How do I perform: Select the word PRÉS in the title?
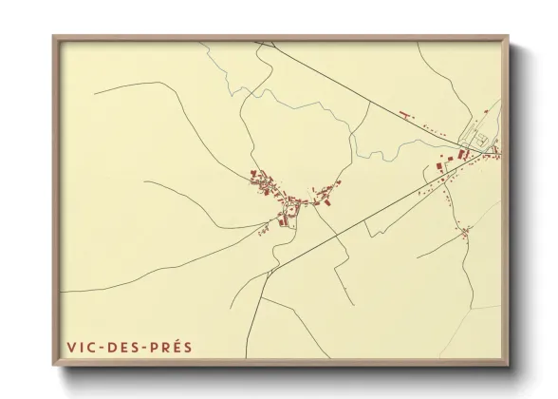[x=171, y=347]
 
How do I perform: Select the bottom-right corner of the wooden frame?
[x=508, y=365]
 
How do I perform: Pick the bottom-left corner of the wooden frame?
[x=54, y=365]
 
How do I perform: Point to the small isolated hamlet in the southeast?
[x=464, y=232]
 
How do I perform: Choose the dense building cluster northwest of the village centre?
[x=262, y=180]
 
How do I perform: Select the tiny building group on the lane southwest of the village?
[x=263, y=228]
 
